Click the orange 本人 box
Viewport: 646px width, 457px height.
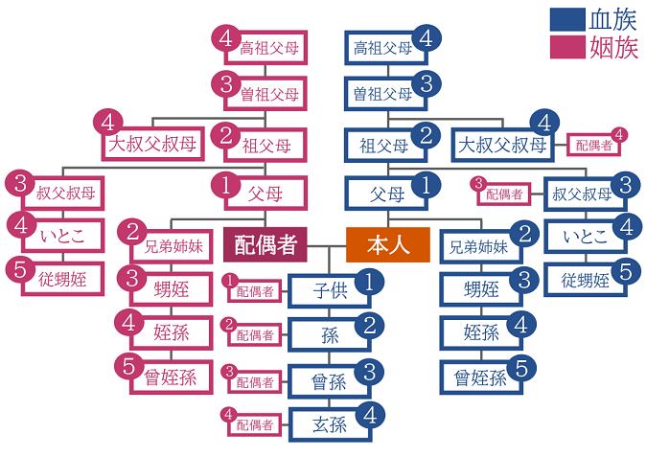[388, 245]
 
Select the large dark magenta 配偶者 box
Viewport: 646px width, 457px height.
[265, 245]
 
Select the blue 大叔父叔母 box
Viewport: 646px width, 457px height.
[502, 146]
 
